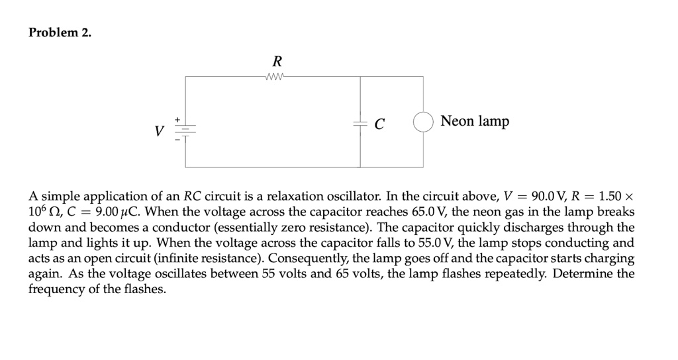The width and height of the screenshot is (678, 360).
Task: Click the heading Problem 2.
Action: click(x=60, y=34)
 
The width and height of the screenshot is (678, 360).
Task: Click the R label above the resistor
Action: click(x=277, y=62)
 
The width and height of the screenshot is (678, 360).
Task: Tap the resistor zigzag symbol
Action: click(x=274, y=76)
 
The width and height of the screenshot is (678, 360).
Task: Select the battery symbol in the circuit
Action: click(x=185, y=130)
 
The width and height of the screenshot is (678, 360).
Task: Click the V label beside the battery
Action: click(x=158, y=131)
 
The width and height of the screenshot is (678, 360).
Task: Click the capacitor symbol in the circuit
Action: click(x=360, y=124)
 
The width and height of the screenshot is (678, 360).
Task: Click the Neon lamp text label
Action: click(x=475, y=121)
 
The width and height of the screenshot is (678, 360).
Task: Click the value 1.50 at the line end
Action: click(x=610, y=197)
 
